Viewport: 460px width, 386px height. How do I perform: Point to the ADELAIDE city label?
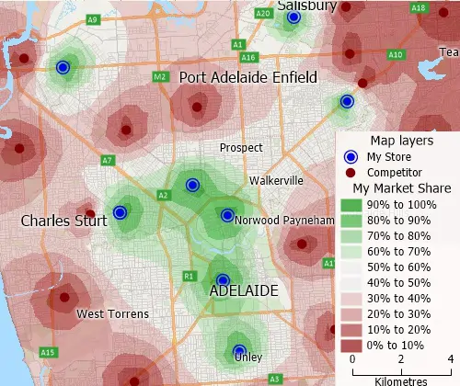pyautogui.click(x=244, y=290)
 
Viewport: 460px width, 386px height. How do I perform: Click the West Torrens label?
pyautogui.click(x=112, y=314)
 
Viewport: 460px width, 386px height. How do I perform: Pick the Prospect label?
pyautogui.click(x=240, y=147)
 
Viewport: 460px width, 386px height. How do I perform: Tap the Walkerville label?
pyautogui.click(x=276, y=181)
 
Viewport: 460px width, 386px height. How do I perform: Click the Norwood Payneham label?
pyautogui.click(x=283, y=221)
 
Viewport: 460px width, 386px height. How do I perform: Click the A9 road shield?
pyautogui.click(x=93, y=19)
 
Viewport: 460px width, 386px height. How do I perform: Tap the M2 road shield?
pyautogui.click(x=159, y=76)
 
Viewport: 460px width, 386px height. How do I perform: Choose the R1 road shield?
pyautogui.click(x=189, y=276)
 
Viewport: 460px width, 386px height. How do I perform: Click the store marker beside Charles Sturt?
pyautogui.click(x=119, y=213)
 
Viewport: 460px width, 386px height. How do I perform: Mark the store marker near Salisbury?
pyautogui.click(x=293, y=17)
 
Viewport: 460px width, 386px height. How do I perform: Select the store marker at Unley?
pyautogui.click(x=238, y=350)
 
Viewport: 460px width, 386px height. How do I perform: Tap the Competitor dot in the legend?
pyautogui.click(x=351, y=172)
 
